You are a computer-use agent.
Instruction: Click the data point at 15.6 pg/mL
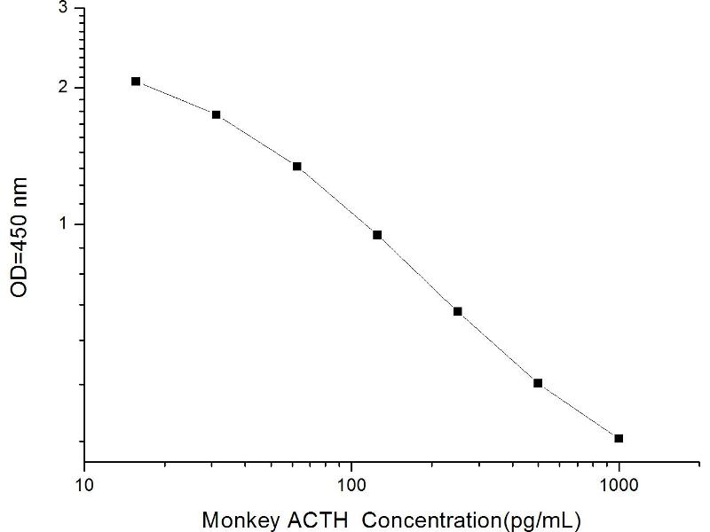(136, 82)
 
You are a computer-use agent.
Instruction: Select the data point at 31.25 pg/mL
(217, 114)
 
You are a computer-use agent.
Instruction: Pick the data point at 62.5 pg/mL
(297, 167)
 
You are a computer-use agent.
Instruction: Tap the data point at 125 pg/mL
(377, 235)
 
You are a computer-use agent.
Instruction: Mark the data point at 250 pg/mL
(458, 311)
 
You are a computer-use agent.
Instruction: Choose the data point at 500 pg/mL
(538, 383)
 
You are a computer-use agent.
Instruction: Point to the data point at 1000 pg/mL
(619, 438)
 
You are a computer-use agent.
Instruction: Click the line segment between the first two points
(176, 98)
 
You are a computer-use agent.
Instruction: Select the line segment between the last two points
(579, 411)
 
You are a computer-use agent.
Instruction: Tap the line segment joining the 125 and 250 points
(417, 273)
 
